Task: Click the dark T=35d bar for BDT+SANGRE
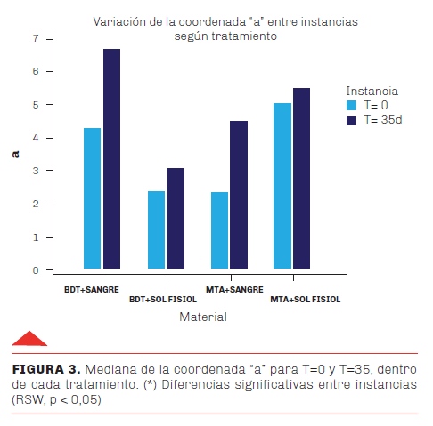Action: (x=111, y=158)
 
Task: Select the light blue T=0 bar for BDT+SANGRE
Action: (x=92, y=198)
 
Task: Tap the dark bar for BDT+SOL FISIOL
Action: (x=176, y=218)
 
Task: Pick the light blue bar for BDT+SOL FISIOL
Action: (x=156, y=229)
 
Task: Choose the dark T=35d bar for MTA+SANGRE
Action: (x=239, y=195)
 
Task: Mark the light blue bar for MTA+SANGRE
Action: (x=220, y=230)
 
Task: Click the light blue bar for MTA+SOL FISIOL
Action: (x=282, y=186)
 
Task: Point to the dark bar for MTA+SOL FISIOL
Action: (x=302, y=178)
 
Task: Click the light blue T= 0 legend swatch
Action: (x=351, y=106)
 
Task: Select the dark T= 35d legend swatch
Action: (x=351, y=120)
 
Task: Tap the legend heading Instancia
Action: (x=372, y=92)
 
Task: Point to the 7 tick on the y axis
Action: (x=36, y=38)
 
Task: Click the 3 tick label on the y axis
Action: (x=36, y=171)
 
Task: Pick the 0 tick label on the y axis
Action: (x=36, y=270)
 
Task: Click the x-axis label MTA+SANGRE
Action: (x=234, y=290)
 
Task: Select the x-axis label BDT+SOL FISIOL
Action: (x=163, y=300)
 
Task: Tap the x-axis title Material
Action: (x=203, y=317)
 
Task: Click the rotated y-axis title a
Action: (x=15, y=155)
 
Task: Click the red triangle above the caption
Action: (x=29, y=339)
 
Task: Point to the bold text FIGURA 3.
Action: (x=46, y=369)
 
